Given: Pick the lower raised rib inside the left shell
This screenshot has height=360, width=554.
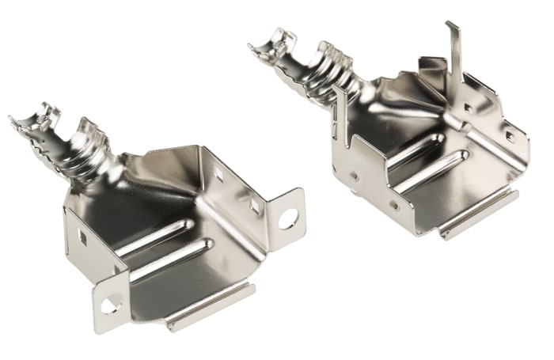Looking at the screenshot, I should (170, 259).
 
